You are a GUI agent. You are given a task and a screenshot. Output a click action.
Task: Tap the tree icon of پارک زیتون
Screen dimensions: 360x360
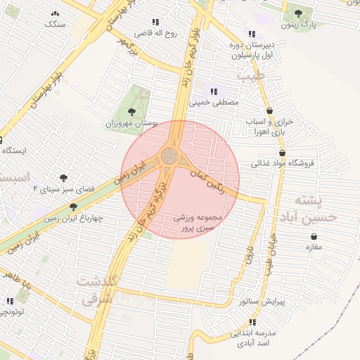pos(298,13)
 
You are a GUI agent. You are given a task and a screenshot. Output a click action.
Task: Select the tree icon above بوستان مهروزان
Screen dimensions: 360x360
pos(131,110)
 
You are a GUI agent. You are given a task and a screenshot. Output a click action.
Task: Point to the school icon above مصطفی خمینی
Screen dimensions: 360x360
pos(214,91)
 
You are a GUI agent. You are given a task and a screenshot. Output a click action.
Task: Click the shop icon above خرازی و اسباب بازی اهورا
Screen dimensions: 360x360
pos(270,111)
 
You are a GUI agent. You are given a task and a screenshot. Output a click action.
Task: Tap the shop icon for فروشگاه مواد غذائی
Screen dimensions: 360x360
pos(283,153)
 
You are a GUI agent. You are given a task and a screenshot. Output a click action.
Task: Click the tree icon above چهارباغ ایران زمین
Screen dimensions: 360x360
pos(73,207)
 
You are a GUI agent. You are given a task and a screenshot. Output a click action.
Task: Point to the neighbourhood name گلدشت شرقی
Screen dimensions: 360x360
pos(97,290)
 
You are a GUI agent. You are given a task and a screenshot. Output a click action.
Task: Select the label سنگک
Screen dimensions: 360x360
pos(53,25)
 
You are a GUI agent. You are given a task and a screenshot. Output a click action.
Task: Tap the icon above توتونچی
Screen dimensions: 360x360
pos(8,301)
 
